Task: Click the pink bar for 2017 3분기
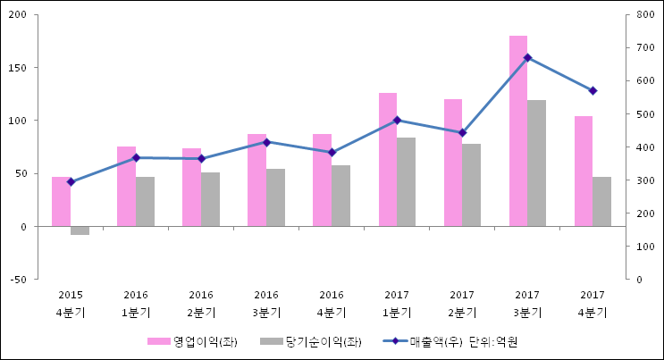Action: tap(517, 131)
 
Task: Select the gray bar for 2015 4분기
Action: tap(80, 230)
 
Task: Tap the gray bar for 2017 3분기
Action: tap(536, 163)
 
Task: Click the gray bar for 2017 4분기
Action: tap(601, 202)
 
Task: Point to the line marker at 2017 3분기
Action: tap(527, 58)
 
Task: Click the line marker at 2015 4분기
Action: tap(71, 181)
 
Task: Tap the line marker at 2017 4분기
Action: tap(593, 91)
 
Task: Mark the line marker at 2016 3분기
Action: tap(266, 142)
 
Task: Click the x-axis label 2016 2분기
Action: tap(201, 304)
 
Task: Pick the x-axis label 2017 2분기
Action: tap(462, 304)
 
